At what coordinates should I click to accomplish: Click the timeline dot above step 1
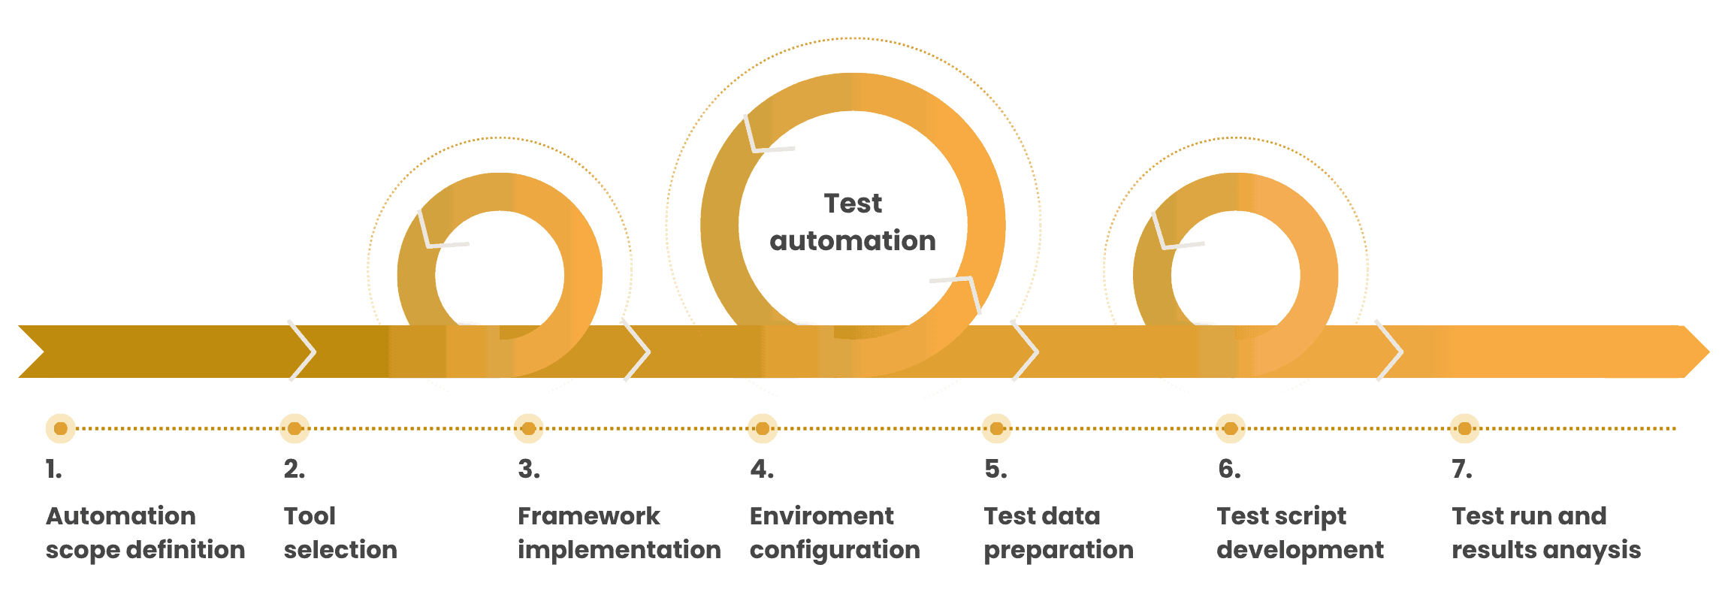coord(61,428)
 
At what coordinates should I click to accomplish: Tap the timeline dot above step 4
coord(763,428)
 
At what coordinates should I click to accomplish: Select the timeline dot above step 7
coord(1464,428)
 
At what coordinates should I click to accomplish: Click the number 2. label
coord(295,470)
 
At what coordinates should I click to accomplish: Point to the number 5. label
coord(996,470)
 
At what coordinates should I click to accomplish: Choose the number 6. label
coord(1230,470)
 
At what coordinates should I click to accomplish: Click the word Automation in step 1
coord(121,516)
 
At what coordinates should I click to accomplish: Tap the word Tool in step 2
coord(310,516)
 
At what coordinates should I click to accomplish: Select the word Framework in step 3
coord(589,516)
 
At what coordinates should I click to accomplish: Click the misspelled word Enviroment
coord(822,516)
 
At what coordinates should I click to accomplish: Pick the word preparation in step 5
coord(1059,551)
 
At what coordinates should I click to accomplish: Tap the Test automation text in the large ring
coord(853,222)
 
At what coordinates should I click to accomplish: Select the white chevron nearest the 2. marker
coord(303,351)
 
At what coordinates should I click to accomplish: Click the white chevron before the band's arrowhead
coord(1390,351)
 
